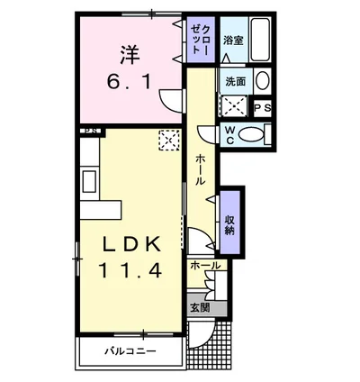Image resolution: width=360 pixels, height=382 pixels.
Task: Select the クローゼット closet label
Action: point(200,41)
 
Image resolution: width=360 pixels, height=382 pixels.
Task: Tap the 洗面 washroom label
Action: point(236,80)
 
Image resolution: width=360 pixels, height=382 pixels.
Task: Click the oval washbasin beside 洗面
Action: point(262,80)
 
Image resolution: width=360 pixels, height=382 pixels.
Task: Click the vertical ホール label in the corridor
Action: point(201,169)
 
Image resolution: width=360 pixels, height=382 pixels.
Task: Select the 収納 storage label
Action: point(231,223)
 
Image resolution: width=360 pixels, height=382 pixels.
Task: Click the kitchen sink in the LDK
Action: point(89,181)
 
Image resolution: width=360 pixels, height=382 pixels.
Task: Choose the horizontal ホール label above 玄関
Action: point(205,266)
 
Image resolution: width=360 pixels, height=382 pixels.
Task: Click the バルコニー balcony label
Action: point(130,350)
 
